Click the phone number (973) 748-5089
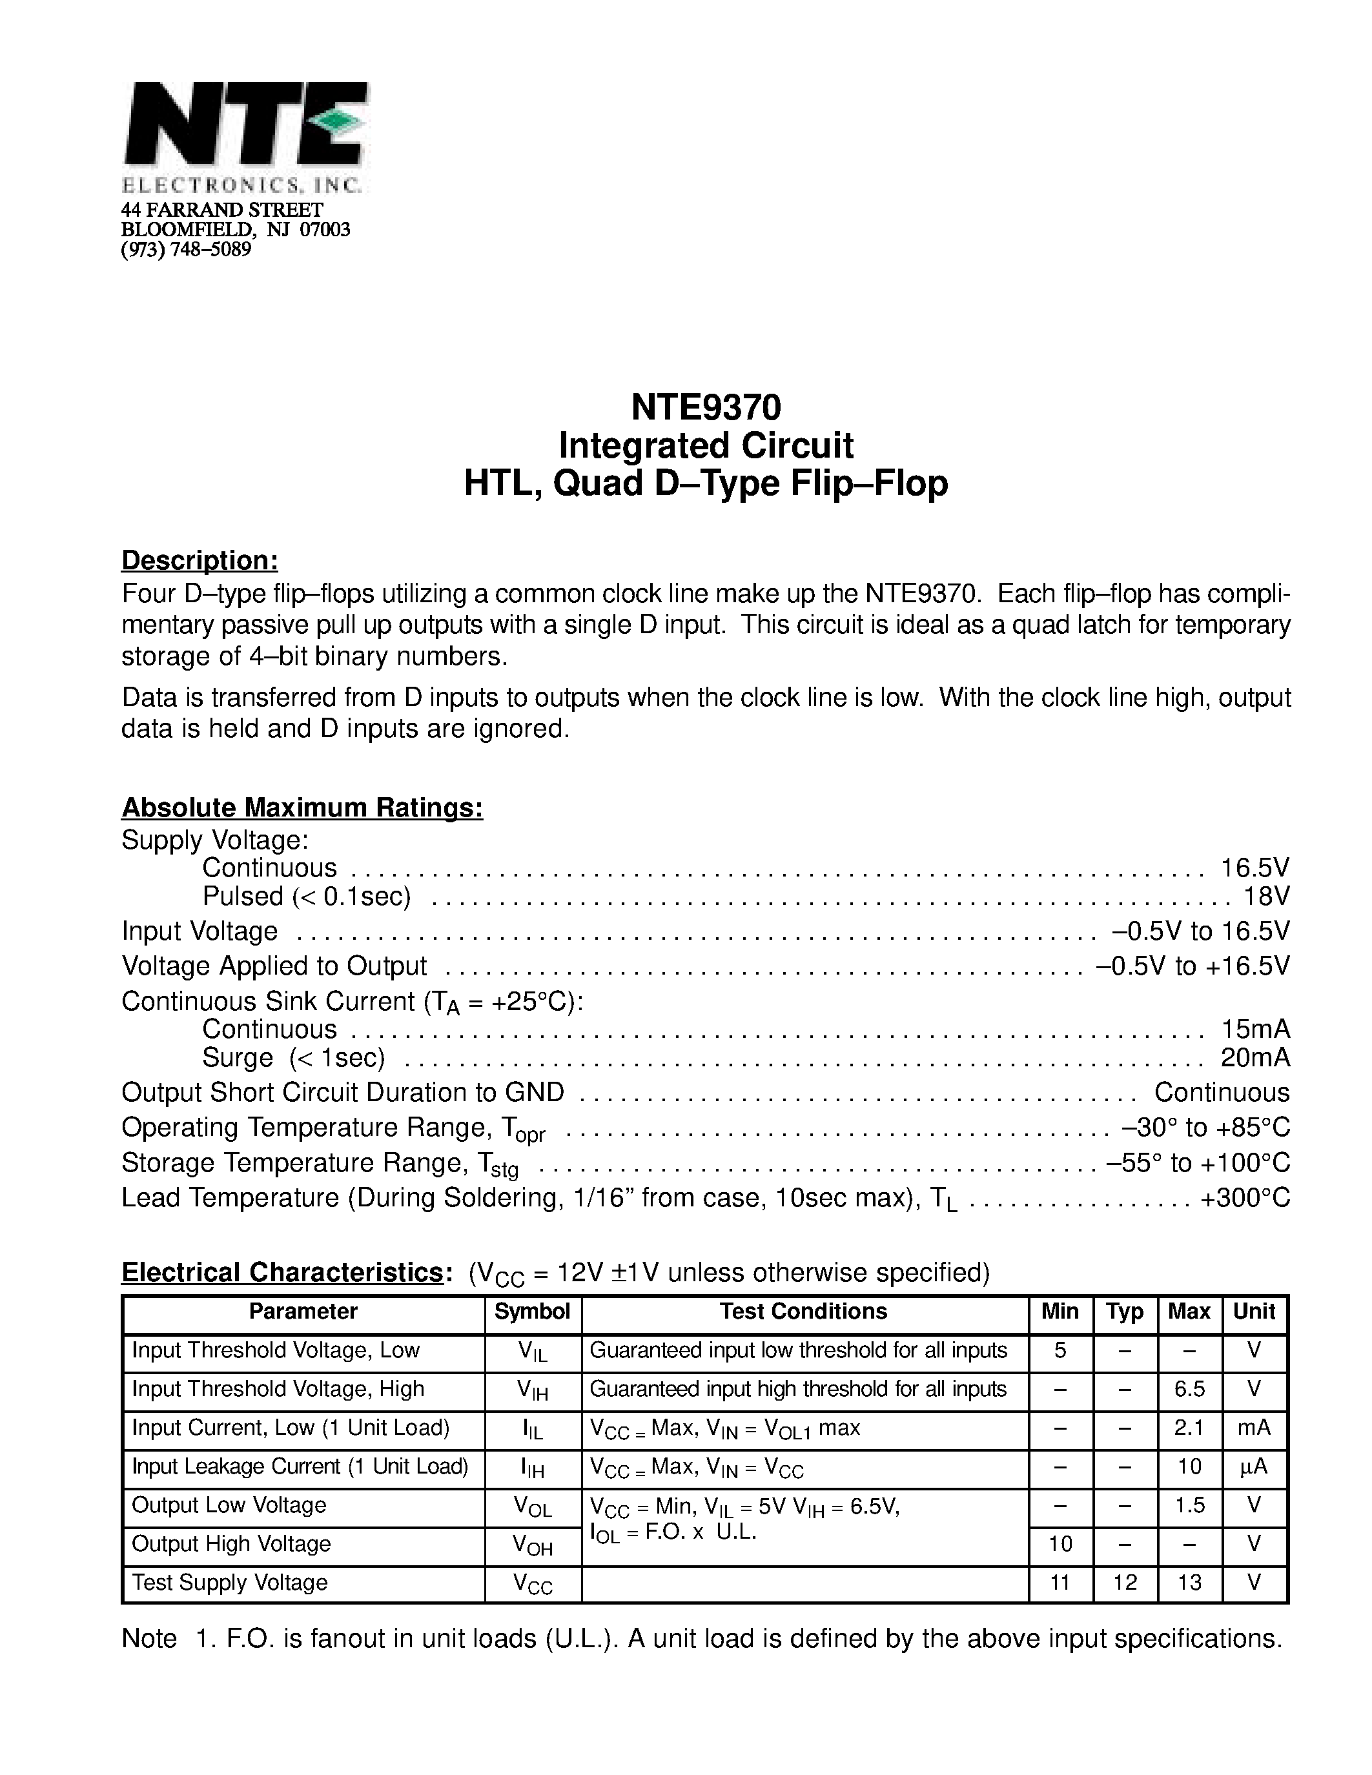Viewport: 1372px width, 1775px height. (x=186, y=250)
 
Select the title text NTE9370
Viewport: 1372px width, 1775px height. (x=706, y=407)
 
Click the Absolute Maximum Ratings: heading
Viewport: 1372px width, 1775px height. (x=302, y=808)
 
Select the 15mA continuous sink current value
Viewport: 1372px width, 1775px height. (x=1255, y=1029)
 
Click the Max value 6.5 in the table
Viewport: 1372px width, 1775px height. (x=1189, y=1389)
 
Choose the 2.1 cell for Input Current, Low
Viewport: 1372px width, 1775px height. (x=1189, y=1428)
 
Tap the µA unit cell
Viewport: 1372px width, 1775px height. (x=1254, y=1466)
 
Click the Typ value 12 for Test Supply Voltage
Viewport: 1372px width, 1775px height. (x=1125, y=1583)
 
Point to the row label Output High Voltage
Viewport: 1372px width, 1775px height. (x=232, y=1543)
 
